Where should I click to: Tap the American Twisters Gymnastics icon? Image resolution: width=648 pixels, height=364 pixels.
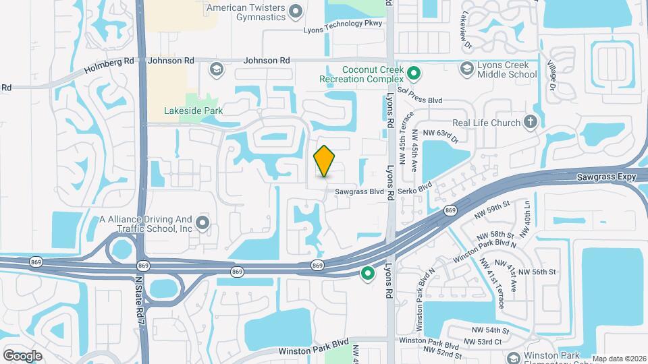tap(295, 10)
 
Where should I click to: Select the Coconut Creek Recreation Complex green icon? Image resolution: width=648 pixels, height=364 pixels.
tap(415, 72)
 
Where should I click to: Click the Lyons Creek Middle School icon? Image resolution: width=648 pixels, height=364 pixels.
tap(466, 68)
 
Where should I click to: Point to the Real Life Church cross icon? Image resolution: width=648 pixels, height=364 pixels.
tap(531, 122)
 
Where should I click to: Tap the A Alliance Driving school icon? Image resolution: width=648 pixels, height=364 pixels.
tap(202, 222)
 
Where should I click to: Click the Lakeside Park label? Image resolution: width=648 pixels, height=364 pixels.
tap(193, 111)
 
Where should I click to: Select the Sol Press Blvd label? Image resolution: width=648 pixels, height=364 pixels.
tap(419, 95)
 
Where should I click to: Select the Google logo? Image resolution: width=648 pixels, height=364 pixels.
tap(22, 355)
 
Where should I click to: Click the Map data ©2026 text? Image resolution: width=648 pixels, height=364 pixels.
tap(619, 359)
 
